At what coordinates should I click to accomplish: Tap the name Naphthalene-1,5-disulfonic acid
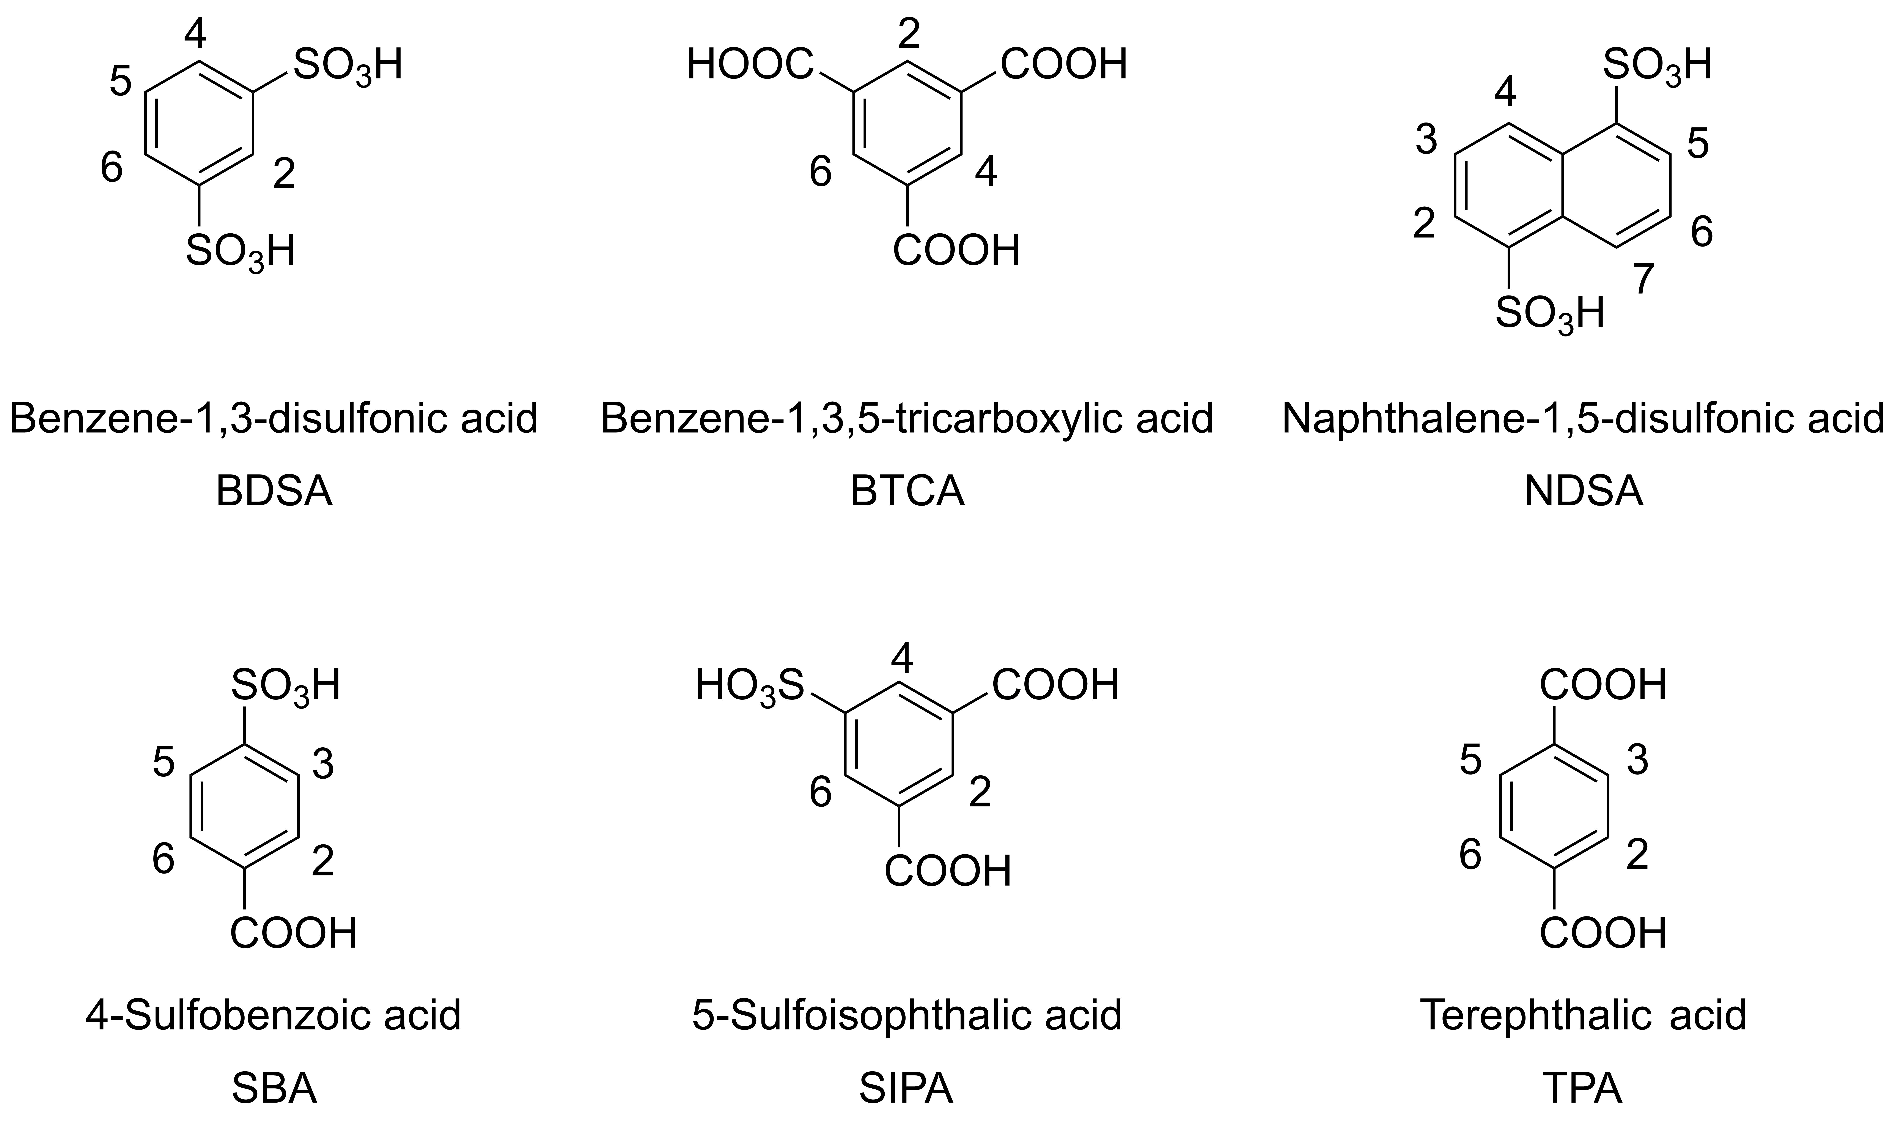(x=1583, y=418)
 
